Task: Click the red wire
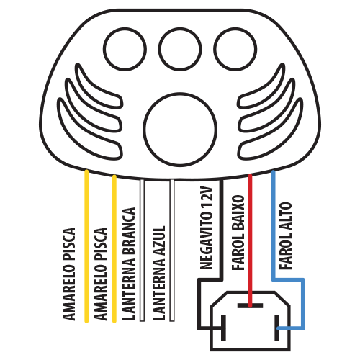[250, 240]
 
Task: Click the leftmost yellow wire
[86, 246]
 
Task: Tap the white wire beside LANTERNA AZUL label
[172, 250]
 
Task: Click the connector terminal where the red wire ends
[250, 305]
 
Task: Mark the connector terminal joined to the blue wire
[277, 328]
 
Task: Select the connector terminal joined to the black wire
[223, 328]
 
